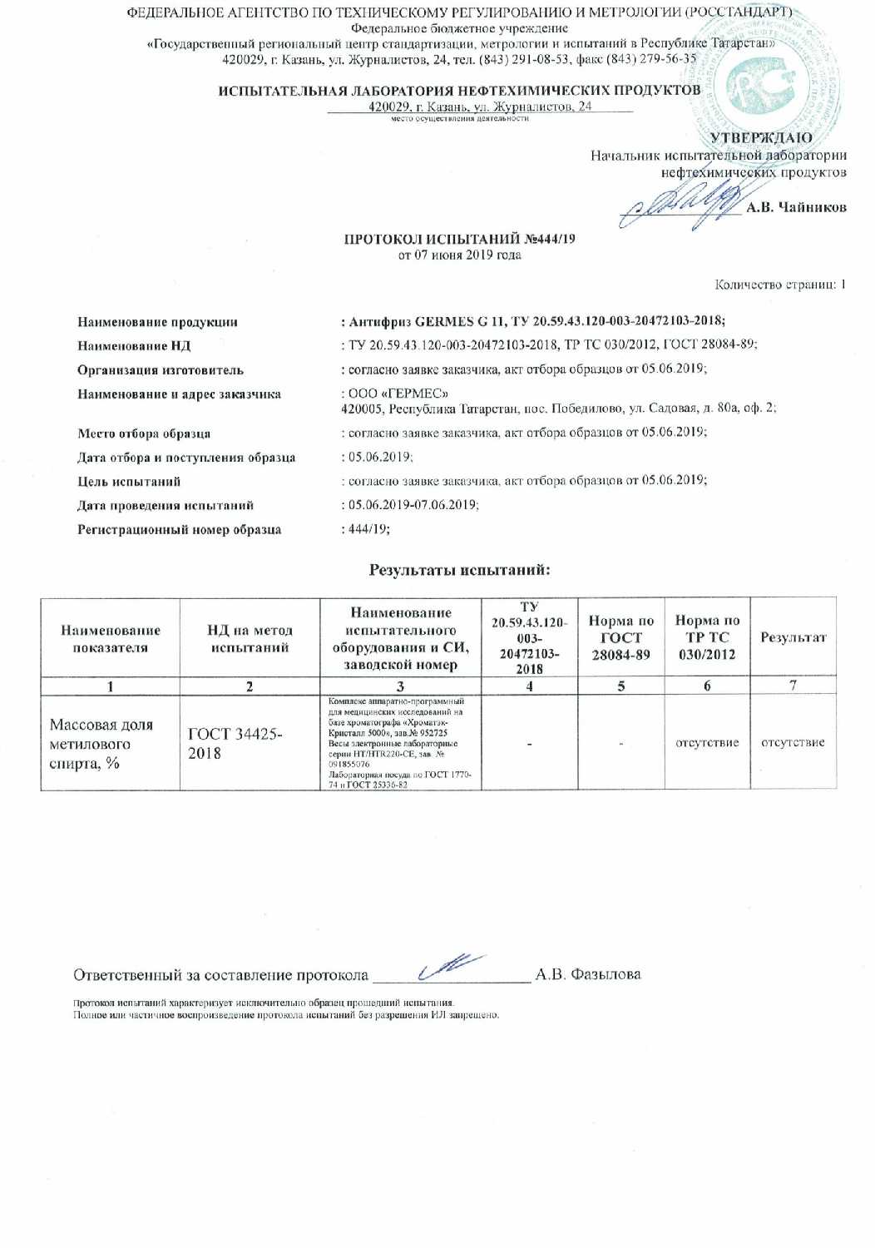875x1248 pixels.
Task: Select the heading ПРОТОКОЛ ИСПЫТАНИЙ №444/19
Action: (460, 239)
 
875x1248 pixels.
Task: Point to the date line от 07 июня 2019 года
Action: (460, 255)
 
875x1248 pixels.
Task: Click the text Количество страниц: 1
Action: (780, 285)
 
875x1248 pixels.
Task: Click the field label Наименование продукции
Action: (158, 322)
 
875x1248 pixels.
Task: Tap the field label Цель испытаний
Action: (129, 481)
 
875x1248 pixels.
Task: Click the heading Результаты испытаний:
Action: (460, 570)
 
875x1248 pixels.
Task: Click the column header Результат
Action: (793, 637)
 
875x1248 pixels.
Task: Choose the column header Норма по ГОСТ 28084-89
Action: (621, 637)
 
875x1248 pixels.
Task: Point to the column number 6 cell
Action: (707, 686)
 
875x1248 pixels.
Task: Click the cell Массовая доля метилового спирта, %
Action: (101, 744)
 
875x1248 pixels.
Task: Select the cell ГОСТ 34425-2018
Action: (235, 743)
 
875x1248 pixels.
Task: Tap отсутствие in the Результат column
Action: (793, 742)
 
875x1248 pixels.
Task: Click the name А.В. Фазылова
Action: (588, 974)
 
